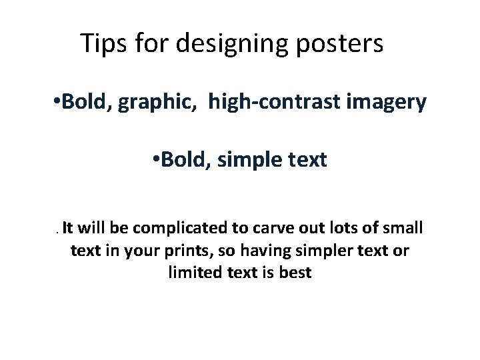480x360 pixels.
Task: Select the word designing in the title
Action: [x=227, y=45]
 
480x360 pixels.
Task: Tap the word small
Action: [x=403, y=229]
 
